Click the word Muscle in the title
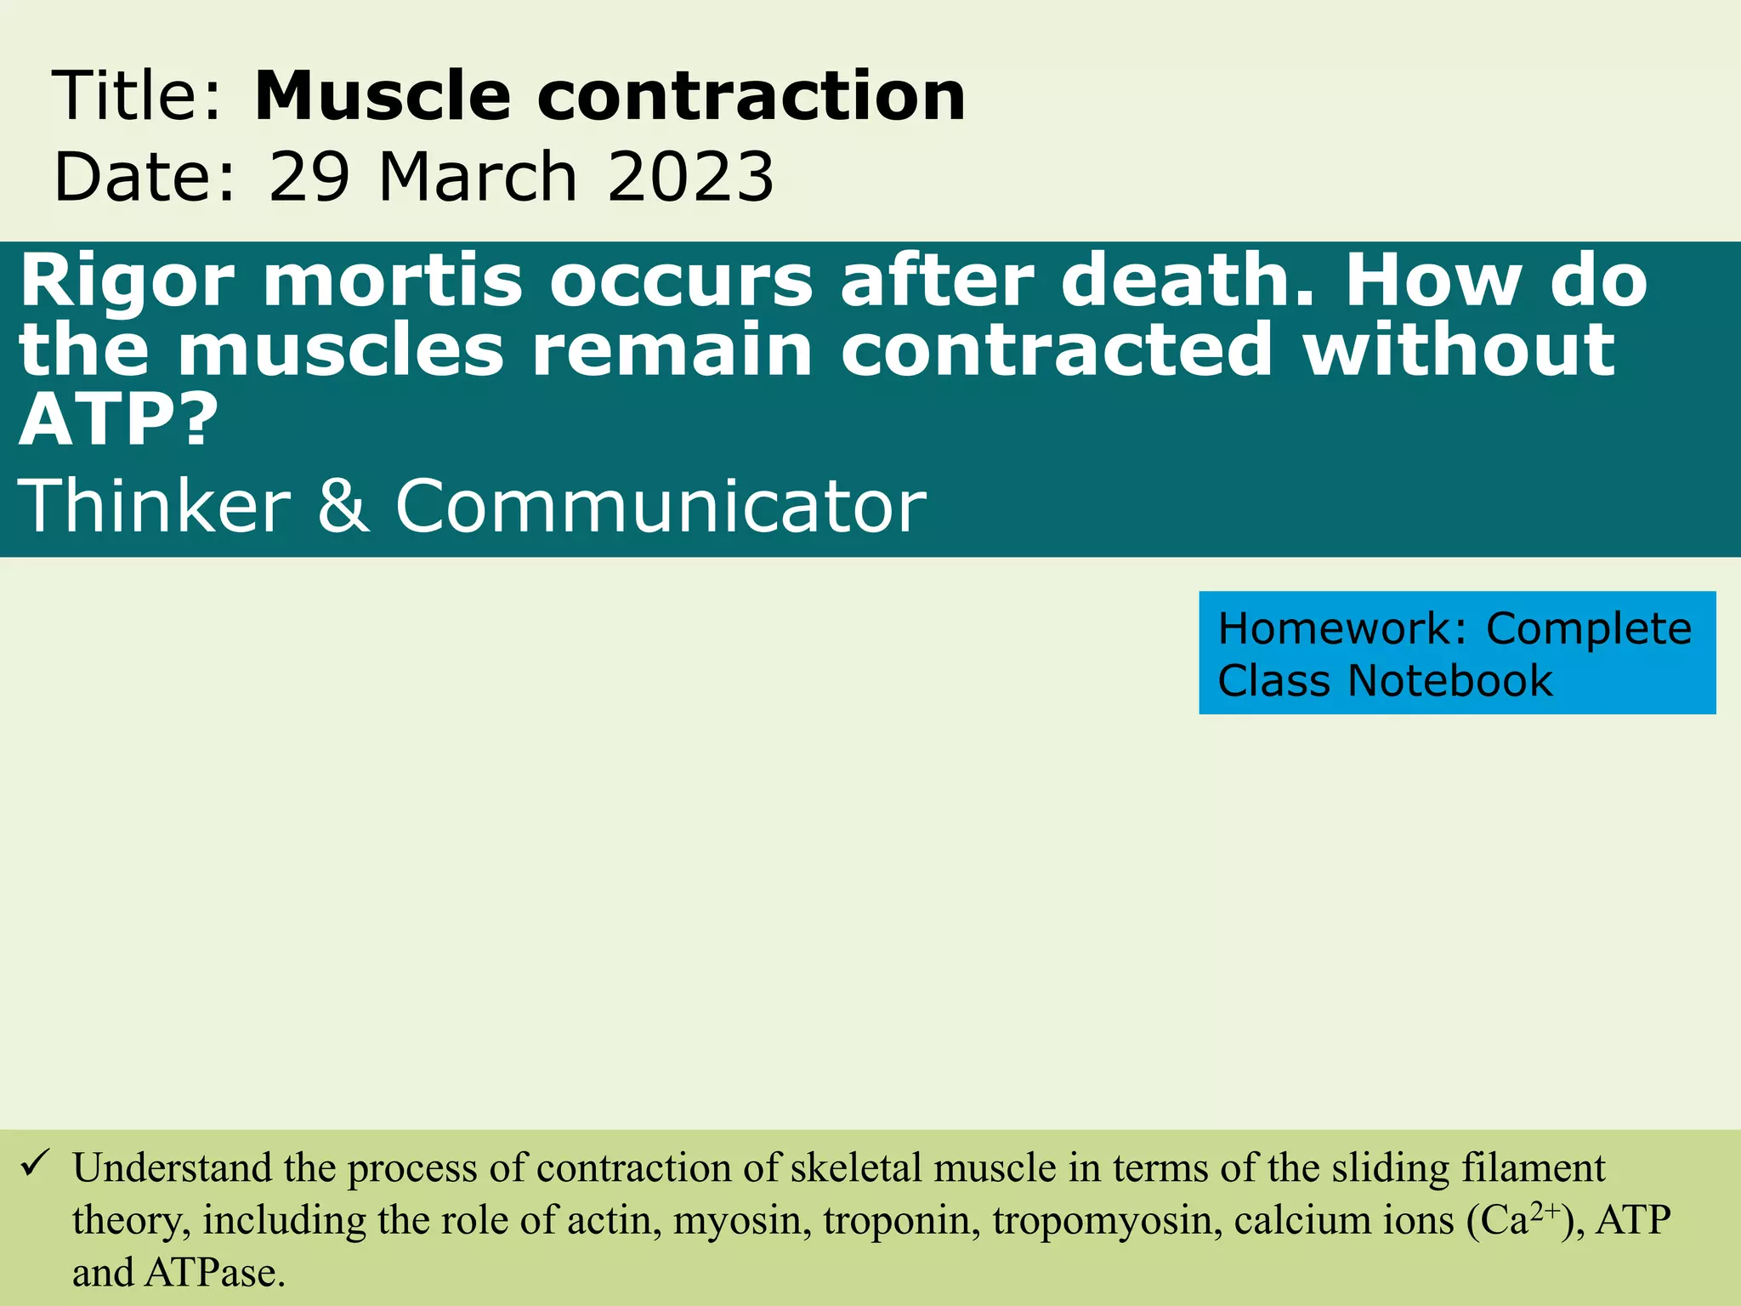point(383,96)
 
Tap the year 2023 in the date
point(690,178)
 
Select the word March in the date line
point(478,178)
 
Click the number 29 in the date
point(309,178)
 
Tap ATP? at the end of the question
point(119,420)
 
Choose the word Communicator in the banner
point(661,507)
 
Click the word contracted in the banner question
point(1057,350)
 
